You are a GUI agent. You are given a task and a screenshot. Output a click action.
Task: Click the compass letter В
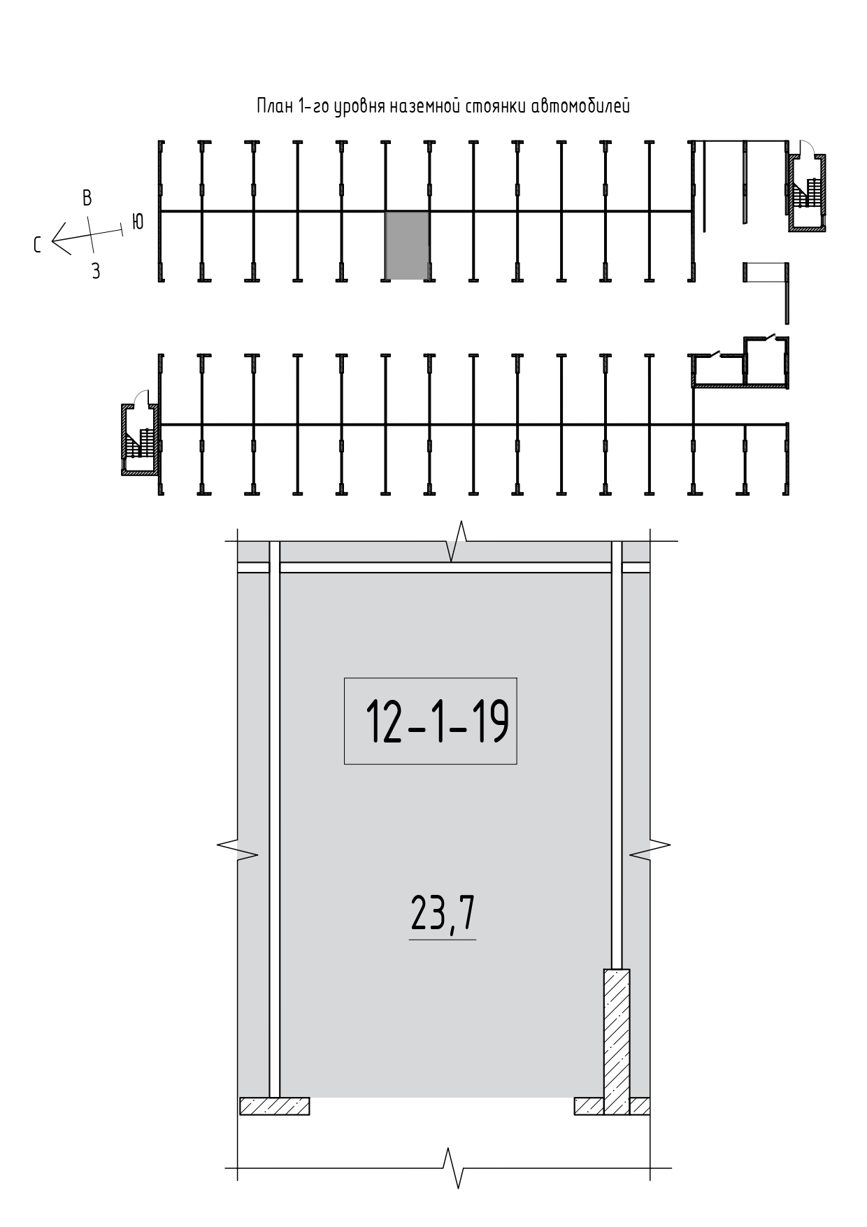coord(87,198)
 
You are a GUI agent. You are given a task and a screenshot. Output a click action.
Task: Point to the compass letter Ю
coord(138,222)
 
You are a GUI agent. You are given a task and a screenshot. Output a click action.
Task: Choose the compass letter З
coord(96,271)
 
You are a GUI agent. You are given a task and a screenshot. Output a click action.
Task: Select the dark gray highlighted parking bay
coord(407,245)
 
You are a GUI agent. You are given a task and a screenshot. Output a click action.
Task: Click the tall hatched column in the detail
coord(617,1040)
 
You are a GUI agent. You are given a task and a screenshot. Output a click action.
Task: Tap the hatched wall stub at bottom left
coord(274,1105)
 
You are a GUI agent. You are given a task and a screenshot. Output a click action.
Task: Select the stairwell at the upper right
coord(807,192)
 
